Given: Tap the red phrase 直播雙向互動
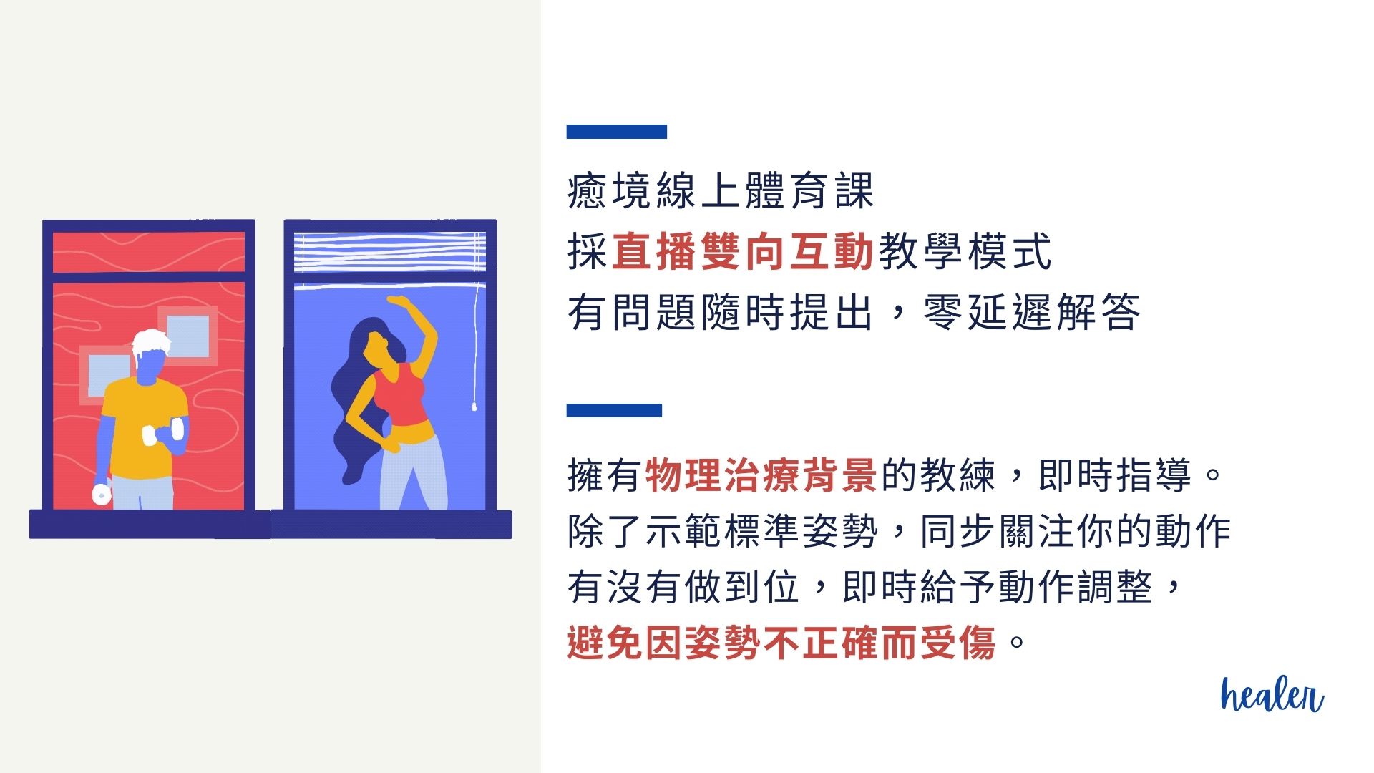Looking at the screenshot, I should pyautogui.click(x=742, y=252).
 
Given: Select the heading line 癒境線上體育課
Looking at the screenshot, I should pyautogui.click(x=720, y=191).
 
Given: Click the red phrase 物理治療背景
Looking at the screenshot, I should pyautogui.click(x=761, y=475).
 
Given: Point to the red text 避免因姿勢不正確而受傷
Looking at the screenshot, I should pyautogui.click(x=781, y=642).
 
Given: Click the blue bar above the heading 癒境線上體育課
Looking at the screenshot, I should pyautogui.click(x=616, y=132).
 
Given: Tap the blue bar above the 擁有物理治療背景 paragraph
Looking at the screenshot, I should pyautogui.click(x=614, y=410).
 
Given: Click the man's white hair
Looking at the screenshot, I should pyautogui.click(x=151, y=341).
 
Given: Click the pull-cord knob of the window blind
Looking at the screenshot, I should pyautogui.click(x=474, y=407).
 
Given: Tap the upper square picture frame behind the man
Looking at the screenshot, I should pyautogui.click(x=188, y=334).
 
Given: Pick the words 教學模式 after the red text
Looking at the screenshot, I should pyautogui.click(x=965, y=252).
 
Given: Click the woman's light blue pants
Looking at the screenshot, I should pyautogui.click(x=412, y=472).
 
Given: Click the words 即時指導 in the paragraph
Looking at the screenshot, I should pyautogui.click(x=1114, y=475).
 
